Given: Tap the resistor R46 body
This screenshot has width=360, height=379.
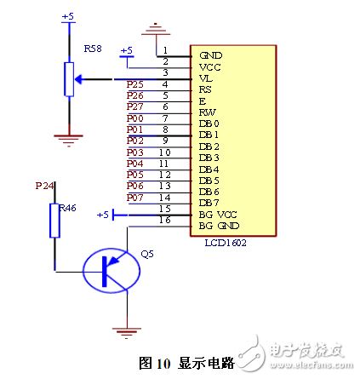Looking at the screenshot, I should click(x=55, y=220).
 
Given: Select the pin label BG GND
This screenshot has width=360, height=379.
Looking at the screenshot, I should click(x=218, y=225).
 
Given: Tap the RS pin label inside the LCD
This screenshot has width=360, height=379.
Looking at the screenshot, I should click(x=205, y=88).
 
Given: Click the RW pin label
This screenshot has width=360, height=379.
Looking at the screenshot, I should click(x=206, y=112).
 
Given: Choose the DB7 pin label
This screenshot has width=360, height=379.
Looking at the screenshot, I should click(x=209, y=202).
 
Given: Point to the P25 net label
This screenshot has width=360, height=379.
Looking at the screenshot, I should click(x=134, y=84).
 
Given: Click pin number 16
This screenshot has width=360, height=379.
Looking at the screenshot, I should click(x=165, y=220).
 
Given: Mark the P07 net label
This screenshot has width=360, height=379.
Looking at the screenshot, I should click(x=134, y=198).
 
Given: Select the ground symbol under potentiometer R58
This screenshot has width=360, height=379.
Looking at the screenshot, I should click(x=67, y=135).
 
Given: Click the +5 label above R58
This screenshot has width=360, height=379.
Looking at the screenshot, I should click(x=69, y=16).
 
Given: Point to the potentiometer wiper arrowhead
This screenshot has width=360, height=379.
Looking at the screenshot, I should click(x=79, y=80).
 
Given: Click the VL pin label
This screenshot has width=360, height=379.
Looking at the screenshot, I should click(x=205, y=77).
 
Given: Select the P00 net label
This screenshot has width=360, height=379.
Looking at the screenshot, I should click(x=134, y=118).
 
